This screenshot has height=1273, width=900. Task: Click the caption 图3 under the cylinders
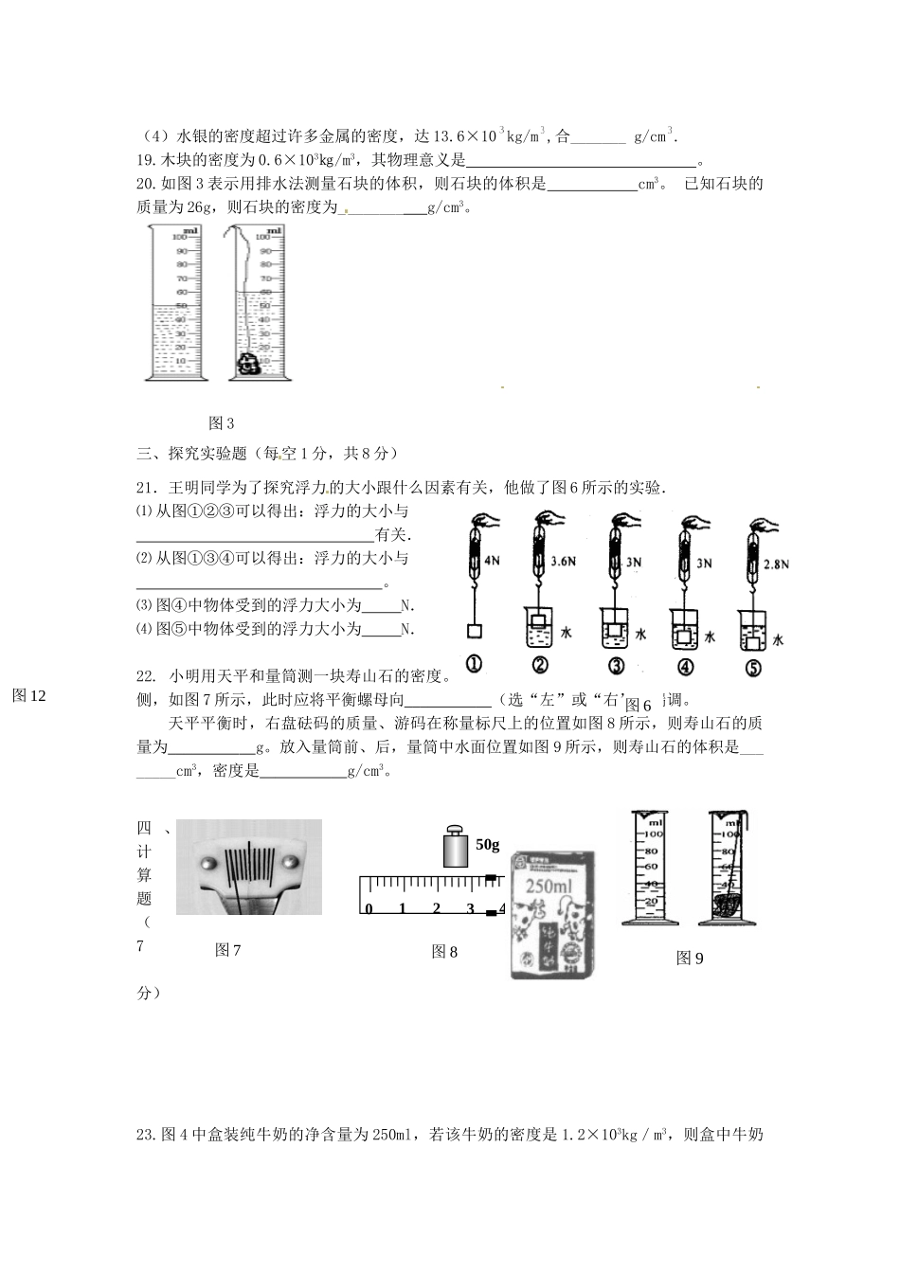point(221,422)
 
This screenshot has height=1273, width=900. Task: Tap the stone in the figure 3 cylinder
point(248,363)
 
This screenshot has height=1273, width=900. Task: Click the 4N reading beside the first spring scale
point(492,561)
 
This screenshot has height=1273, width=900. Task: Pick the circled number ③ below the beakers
point(617,666)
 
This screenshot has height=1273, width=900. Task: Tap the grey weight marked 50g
point(456,847)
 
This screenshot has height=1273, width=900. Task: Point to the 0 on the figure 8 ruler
point(369,908)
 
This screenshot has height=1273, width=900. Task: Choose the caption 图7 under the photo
point(228,949)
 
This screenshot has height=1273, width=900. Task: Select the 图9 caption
point(690,958)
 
